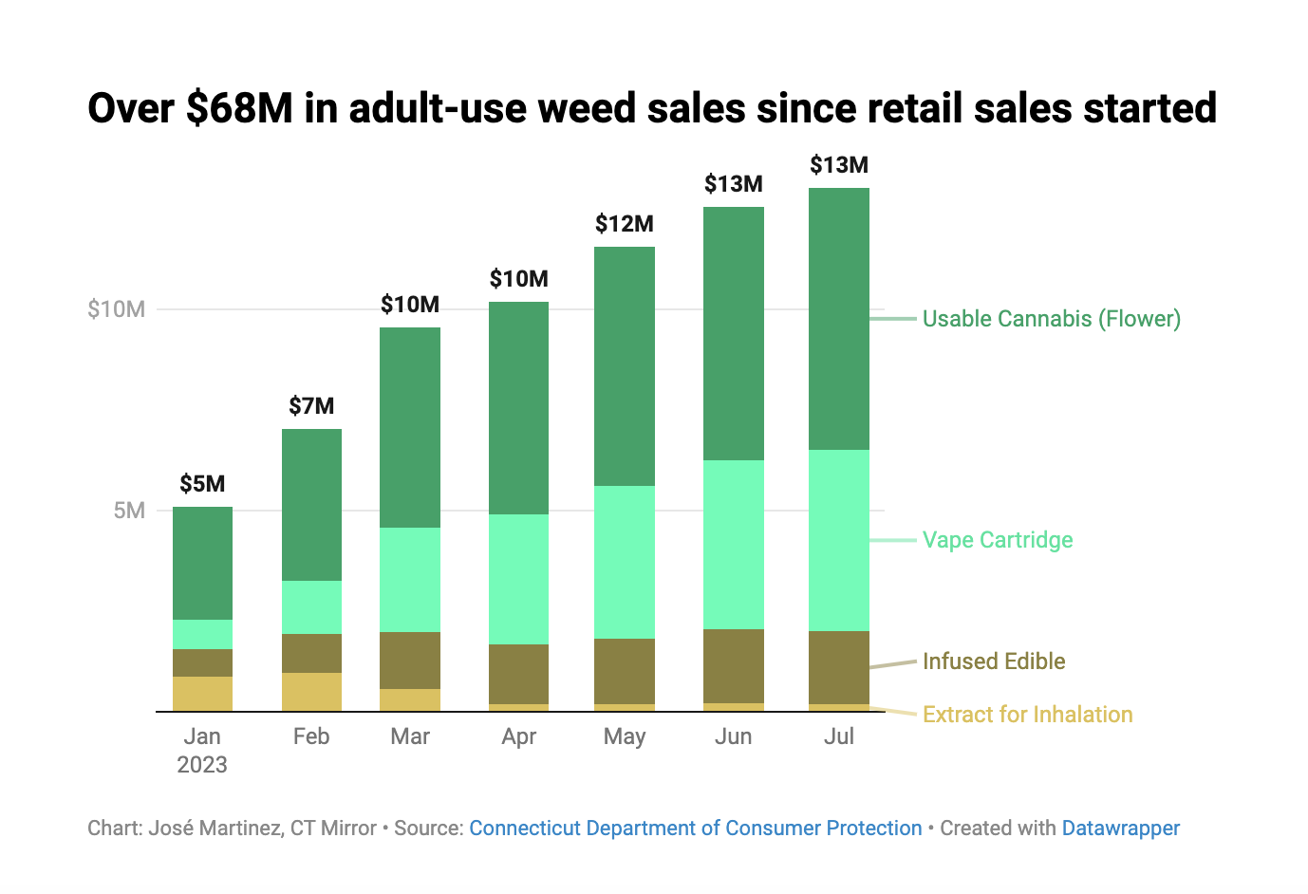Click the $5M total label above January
202,484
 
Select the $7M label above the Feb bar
311,406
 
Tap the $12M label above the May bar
624,224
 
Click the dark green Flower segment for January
202,563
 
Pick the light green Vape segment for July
838,540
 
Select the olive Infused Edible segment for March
410,660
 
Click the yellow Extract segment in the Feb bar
311,692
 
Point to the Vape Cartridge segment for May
624,562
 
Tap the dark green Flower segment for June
733,333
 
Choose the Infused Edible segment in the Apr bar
518,674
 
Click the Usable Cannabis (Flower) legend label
1051,319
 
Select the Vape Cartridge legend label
997,540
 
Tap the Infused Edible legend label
993,661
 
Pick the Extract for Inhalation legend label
1027,715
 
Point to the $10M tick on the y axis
116,309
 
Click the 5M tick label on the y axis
128,511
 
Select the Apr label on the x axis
518,736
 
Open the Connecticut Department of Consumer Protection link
695,829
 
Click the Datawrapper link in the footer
1120,829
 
